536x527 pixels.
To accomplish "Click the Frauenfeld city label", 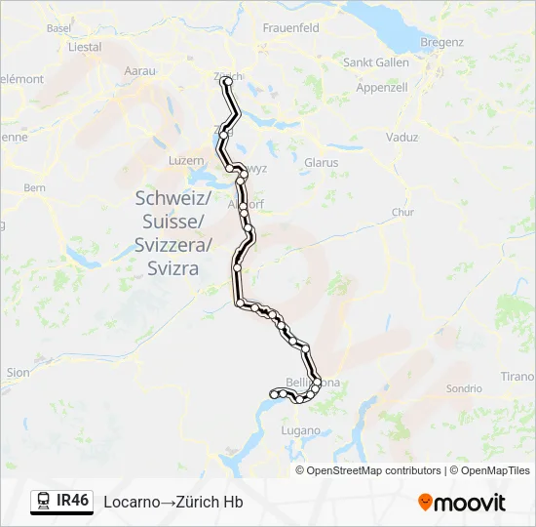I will click(290, 28).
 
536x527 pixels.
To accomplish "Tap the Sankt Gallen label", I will click(376, 62).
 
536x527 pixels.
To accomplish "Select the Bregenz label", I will click(441, 42).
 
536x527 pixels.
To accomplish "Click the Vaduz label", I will click(402, 138).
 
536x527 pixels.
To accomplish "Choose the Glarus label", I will click(321, 162).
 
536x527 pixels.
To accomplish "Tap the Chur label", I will click(402, 212).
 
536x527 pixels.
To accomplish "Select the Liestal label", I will click(85, 47).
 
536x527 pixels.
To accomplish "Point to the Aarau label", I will click(141, 71).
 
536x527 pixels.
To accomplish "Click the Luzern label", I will click(186, 159).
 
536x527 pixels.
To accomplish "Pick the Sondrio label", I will click(464, 388).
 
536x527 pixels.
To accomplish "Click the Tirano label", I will click(518, 377).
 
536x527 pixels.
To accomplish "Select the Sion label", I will click(18, 372).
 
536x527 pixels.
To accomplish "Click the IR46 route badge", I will click(72, 501).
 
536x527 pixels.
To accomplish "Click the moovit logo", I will click(462, 503).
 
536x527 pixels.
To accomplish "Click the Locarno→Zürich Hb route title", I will click(173, 502).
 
